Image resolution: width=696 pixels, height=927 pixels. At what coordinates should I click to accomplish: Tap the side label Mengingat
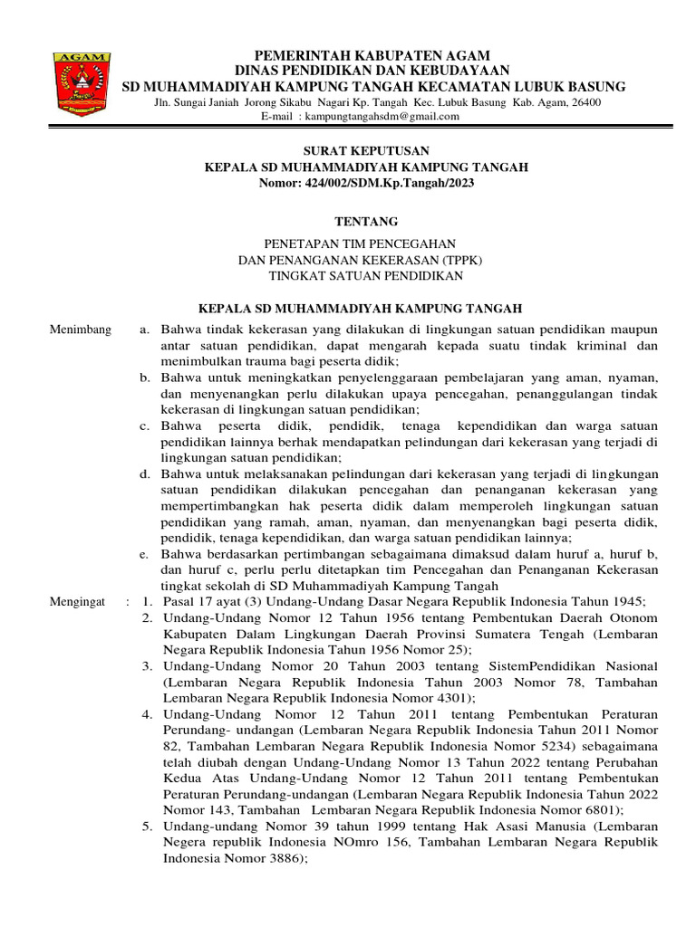pos(78,601)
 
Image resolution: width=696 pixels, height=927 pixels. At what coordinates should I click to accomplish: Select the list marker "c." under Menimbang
pos(145,425)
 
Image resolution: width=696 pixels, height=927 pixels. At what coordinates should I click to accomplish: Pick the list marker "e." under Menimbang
pos(145,554)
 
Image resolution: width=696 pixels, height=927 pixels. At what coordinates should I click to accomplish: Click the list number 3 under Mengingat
pos(147,666)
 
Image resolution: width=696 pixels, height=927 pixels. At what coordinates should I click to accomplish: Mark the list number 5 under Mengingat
pos(147,827)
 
